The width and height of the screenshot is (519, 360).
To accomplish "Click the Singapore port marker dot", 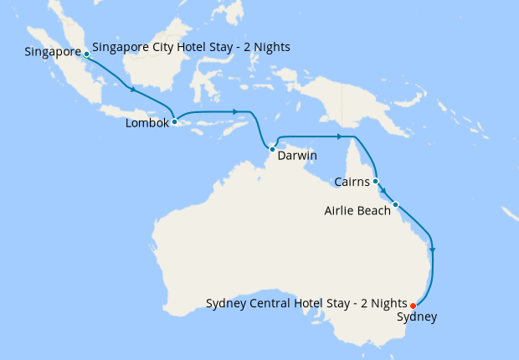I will pyautogui.click(x=86, y=54).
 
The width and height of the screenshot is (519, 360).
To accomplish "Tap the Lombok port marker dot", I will pyautogui.click(x=174, y=122).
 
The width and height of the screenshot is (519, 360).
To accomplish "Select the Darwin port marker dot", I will pyautogui.click(x=273, y=149).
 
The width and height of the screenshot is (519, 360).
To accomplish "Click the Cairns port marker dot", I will pyautogui.click(x=376, y=181).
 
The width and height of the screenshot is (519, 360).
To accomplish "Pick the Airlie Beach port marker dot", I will pyautogui.click(x=395, y=204).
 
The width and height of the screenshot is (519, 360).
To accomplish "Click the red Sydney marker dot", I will pyautogui.click(x=414, y=306).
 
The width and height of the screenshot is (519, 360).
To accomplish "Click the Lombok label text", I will pyautogui.click(x=147, y=123).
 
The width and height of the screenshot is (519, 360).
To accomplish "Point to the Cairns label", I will pyautogui.click(x=352, y=182).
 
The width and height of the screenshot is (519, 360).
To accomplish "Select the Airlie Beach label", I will pyautogui.click(x=357, y=211).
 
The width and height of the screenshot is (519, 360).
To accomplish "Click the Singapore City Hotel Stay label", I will pyautogui.click(x=191, y=47).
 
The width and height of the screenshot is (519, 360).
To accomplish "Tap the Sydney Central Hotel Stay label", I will pyautogui.click(x=306, y=302).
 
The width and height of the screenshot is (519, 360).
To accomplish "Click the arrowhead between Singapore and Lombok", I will pyautogui.click(x=131, y=88).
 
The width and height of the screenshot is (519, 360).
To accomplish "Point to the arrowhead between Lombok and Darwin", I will pyautogui.click(x=237, y=111).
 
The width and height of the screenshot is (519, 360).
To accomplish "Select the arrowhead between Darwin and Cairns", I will pyautogui.click(x=339, y=136).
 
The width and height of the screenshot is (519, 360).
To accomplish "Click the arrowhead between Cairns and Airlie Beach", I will pyautogui.click(x=384, y=192).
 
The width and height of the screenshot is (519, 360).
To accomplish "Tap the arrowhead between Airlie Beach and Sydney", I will pyautogui.click(x=432, y=249).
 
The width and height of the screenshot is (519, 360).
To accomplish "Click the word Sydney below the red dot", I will pyautogui.click(x=416, y=317).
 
